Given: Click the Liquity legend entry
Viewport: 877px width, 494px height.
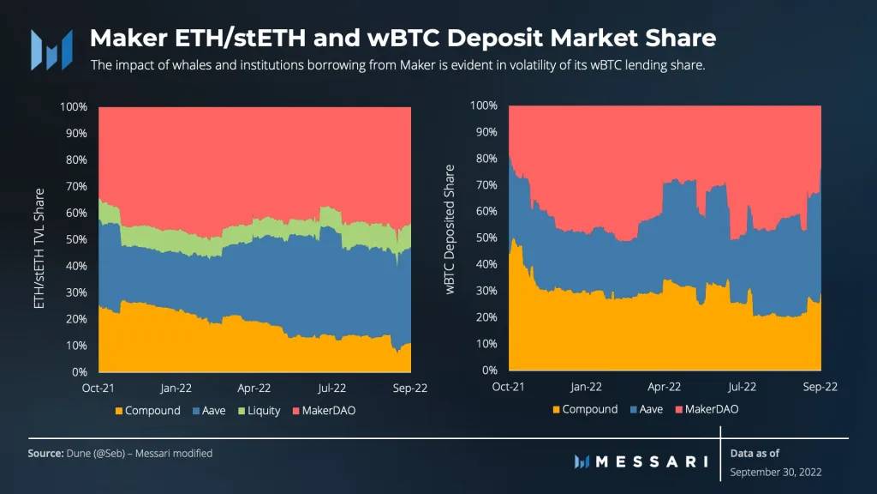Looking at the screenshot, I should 258,411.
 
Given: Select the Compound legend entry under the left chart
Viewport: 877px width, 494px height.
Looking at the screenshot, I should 146,411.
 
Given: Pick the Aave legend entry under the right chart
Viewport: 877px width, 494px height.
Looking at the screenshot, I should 646,409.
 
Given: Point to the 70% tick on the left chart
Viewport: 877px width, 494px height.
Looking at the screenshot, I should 75,186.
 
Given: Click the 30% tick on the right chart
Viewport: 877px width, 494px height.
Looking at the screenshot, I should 485,291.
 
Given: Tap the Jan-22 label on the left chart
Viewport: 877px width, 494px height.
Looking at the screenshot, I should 176,388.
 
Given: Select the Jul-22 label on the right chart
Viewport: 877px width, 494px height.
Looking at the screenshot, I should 742,387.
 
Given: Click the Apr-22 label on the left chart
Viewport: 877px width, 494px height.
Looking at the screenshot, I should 255,388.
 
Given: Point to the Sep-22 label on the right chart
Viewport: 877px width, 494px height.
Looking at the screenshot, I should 820,387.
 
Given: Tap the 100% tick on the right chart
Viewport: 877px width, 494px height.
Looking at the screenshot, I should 483,105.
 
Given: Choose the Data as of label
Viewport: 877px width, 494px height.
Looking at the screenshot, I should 755,453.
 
